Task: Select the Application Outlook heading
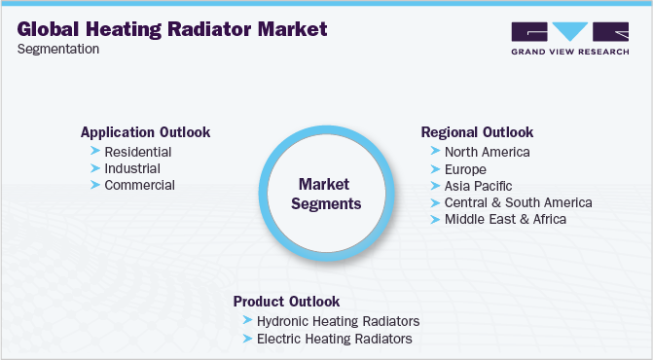click(x=145, y=132)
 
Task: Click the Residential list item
click(x=138, y=152)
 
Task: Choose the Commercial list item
click(x=140, y=185)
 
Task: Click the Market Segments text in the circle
click(x=324, y=194)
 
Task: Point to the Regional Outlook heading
click(x=477, y=132)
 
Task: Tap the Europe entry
click(x=466, y=168)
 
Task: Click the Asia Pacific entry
click(x=478, y=185)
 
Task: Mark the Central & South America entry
click(x=518, y=202)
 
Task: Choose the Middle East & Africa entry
click(x=505, y=219)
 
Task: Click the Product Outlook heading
click(x=286, y=302)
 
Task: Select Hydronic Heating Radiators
click(x=338, y=321)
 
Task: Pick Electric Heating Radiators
click(x=334, y=339)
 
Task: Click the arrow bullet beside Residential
click(x=94, y=152)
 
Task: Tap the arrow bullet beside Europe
click(x=434, y=168)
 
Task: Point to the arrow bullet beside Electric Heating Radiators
click(x=246, y=339)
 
